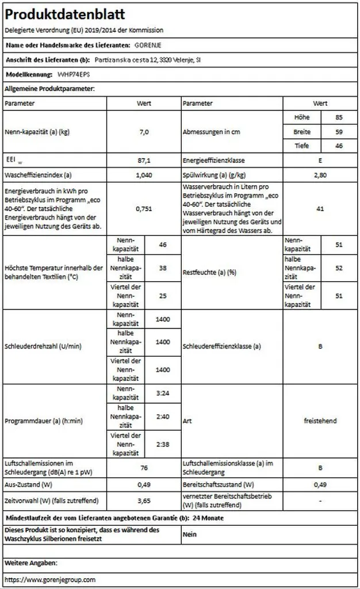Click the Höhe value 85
[339, 117]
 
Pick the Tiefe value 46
[339, 146]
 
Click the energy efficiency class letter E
[320, 160]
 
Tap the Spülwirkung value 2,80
[320, 174]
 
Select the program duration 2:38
[163, 444]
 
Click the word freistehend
[320, 421]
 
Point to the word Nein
[190, 534]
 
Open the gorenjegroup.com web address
[50, 580]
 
